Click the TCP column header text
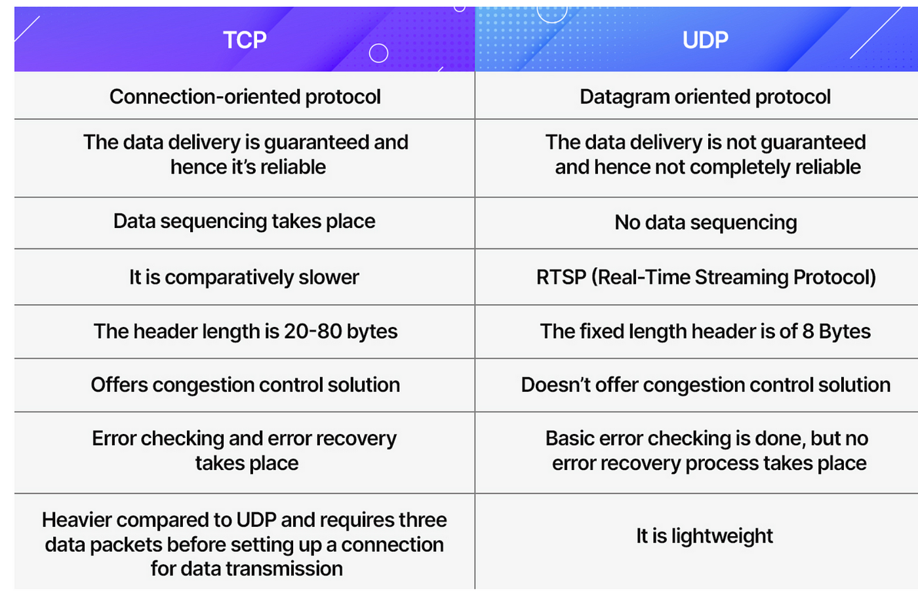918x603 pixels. (x=245, y=40)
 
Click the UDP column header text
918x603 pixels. (x=706, y=40)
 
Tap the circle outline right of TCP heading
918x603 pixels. (x=378, y=53)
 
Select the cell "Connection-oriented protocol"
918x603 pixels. (x=245, y=97)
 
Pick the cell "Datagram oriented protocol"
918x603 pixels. (x=706, y=97)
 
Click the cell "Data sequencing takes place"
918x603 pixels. (x=244, y=222)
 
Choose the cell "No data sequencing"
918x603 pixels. (x=706, y=223)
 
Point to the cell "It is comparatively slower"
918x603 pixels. (x=244, y=277)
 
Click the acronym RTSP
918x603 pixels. (x=561, y=277)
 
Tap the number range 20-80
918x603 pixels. (x=313, y=331)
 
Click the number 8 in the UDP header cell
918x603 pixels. (x=808, y=331)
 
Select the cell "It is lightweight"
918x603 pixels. (x=704, y=536)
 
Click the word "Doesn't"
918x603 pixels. (x=556, y=385)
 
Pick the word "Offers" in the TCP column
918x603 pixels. (x=119, y=385)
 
